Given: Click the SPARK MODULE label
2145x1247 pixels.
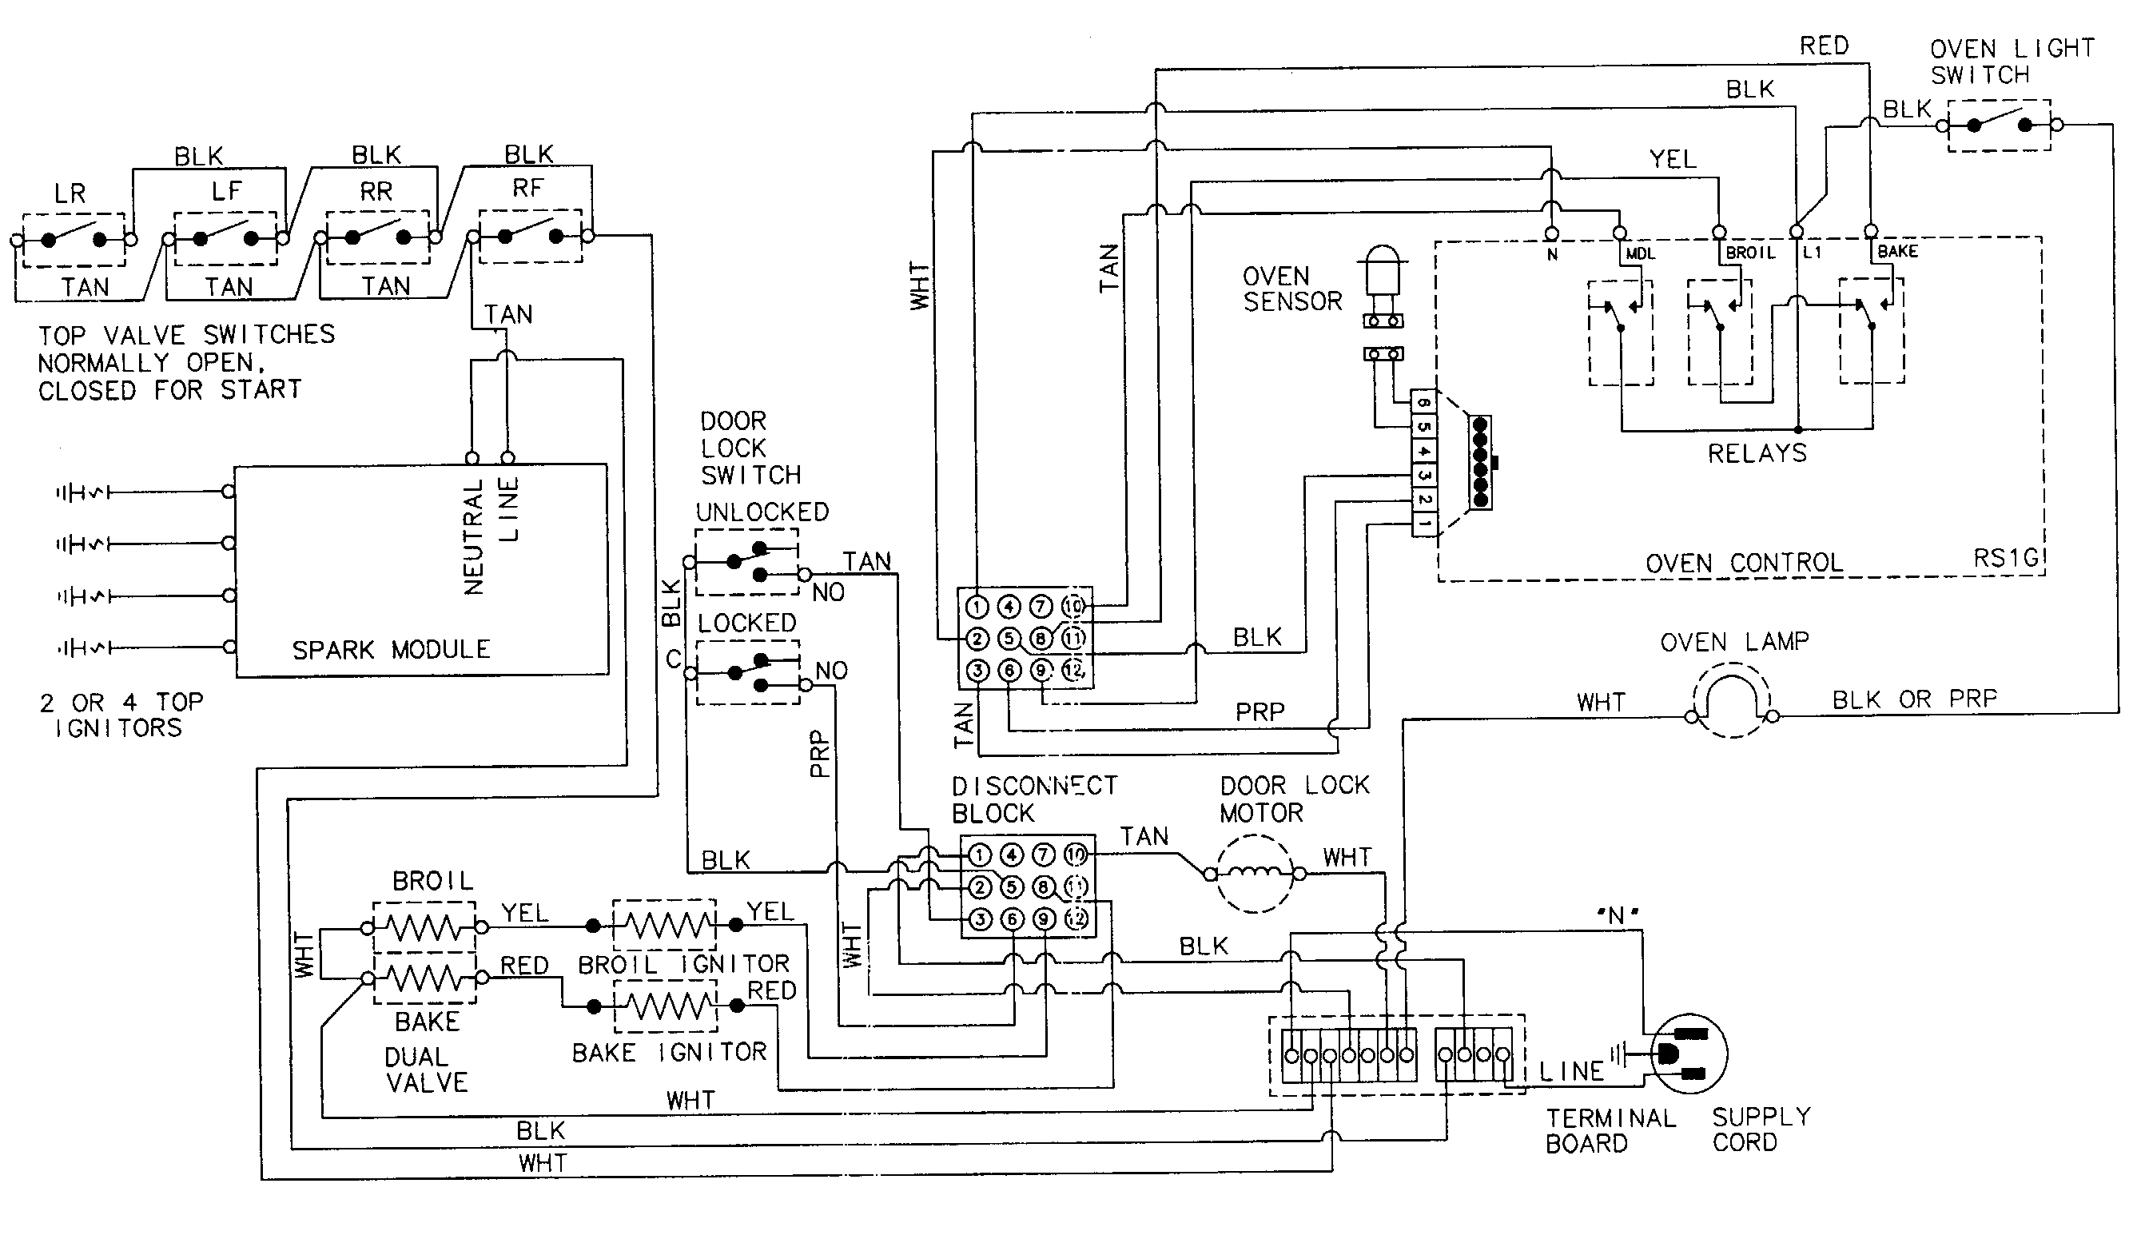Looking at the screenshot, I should pyautogui.click(x=391, y=651).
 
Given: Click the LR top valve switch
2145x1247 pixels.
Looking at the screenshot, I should pyautogui.click(x=74, y=240).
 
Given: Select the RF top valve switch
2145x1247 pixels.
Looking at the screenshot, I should pyautogui.click(x=529, y=236).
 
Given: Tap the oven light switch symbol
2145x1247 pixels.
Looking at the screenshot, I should pyautogui.click(x=1999, y=125).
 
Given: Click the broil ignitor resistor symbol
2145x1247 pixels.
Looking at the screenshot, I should pyautogui.click(x=664, y=924).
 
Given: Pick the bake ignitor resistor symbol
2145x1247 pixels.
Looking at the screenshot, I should pyautogui.click(x=665, y=1006).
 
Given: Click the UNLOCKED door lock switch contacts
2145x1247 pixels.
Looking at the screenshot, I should pyautogui.click(x=746, y=562).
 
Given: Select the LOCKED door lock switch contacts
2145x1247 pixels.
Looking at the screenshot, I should pyautogui.click(x=747, y=672).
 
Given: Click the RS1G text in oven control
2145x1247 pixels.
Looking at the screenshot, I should pyautogui.click(x=2006, y=559).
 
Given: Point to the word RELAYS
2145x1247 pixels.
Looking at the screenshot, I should pyautogui.click(x=1757, y=454).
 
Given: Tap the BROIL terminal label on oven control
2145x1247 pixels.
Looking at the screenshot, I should pyautogui.click(x=1750, y=253).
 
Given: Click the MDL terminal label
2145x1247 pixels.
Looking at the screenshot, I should pyautogui.click(x=1640, y=253).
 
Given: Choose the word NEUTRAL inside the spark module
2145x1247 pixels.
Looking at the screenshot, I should pyautogui.click(x=473, y=536).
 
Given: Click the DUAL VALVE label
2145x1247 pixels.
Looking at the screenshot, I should pyautogui.click(x=426, y=1070).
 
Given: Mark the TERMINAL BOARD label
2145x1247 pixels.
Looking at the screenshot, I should pyautogui.click(x=1610, y=1130).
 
